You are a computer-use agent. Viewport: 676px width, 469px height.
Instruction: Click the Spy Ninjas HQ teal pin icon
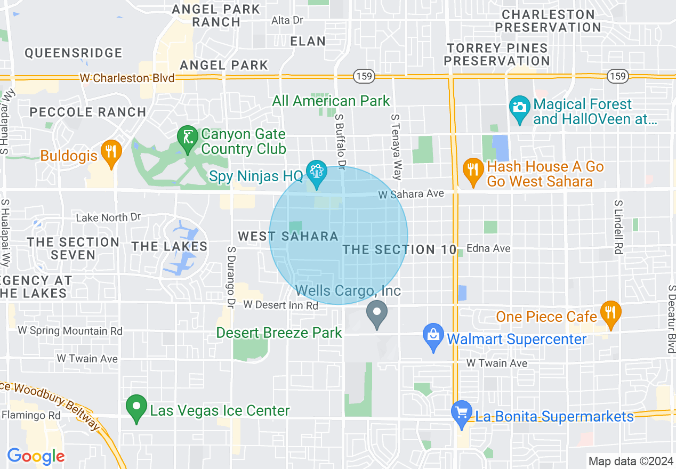pos(317,173)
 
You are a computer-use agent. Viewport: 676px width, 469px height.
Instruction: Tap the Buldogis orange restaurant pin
pos(111,152)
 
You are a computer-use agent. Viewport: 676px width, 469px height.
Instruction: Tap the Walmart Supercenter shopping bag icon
pos(433,336)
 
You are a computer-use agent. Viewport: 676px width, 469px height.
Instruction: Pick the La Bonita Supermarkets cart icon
pos(461,413)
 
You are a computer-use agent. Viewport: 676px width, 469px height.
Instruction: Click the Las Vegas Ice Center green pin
pos(136,408)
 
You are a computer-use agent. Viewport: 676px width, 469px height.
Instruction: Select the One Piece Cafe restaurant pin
pos(610,313)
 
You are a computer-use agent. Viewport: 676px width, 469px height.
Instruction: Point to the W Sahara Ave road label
pos(411,195)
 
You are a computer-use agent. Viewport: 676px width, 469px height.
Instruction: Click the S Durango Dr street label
pos(231,277)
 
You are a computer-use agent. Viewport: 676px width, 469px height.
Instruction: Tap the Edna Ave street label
pos(488,248)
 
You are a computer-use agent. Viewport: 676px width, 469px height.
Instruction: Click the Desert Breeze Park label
pos(279,333)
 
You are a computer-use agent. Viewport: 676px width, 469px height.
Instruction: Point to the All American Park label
pos(331,101)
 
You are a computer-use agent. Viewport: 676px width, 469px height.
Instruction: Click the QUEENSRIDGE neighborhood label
pos(74,53)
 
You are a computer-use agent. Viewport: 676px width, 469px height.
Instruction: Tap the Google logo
pos(36,456)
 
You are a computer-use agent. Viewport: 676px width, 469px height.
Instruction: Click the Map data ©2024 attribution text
pos(631,460)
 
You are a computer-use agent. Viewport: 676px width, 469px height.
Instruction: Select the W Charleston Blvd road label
pos(127,78)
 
